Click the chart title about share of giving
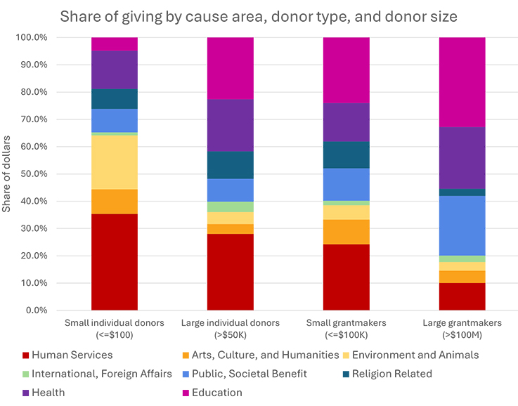259,16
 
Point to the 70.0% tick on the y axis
34,119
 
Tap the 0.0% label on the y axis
37,310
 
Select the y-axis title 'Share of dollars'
6,173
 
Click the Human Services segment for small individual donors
115,262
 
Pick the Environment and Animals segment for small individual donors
115,162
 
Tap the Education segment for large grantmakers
462,82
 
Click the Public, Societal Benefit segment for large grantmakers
462,225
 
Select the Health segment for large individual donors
231,126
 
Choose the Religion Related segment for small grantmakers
347,155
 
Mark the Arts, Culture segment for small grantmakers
347,232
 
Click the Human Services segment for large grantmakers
462,296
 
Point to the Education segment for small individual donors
115,44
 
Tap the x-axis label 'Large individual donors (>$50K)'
231,329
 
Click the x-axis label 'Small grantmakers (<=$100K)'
347,329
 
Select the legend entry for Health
44,393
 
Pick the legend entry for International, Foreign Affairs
97,374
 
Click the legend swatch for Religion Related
346,374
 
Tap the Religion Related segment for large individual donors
231,165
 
